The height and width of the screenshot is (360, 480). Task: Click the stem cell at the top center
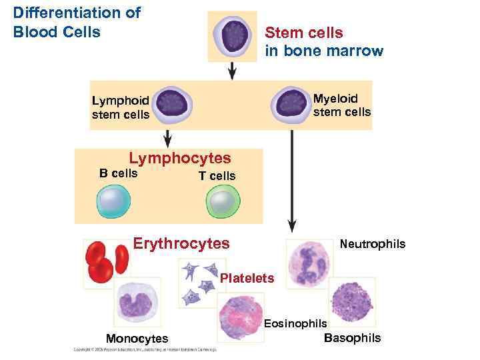(x=232, y=36)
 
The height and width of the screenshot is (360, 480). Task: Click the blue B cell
(x=115, y=202)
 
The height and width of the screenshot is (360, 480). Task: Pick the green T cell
(x=223, y=202)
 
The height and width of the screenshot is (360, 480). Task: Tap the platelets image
(x=198, y=282)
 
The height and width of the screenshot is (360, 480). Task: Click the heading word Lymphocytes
(x=179, y=158)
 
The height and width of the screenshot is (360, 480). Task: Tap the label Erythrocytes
(x=181, y=244)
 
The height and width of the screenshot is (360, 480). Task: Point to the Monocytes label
(x=137, y=339)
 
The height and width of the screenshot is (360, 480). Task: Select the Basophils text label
(x=352, y=337)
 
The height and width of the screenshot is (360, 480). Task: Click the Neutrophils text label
(x=372, y=245)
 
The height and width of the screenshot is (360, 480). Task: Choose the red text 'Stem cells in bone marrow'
(x=323, y=42)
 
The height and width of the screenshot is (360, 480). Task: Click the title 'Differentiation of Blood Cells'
(x=77, y=22)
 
